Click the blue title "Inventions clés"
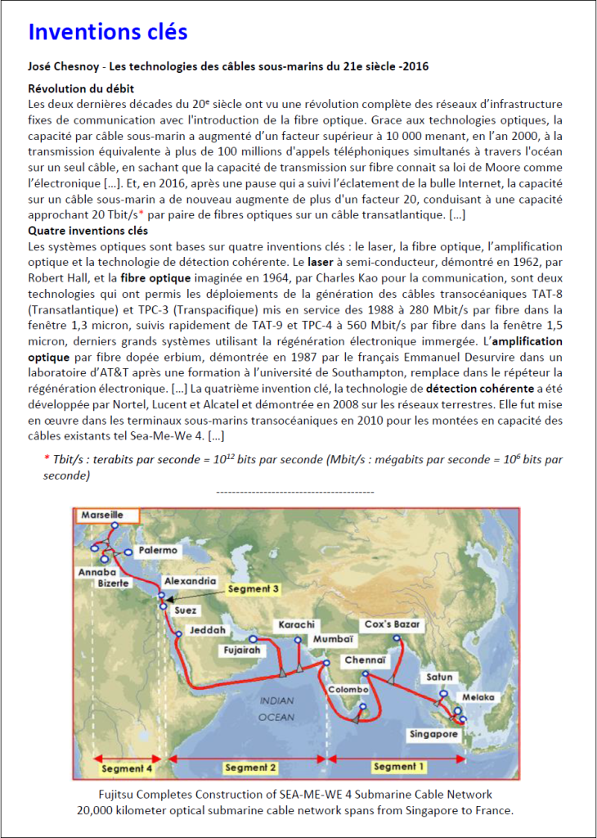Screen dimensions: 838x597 [108, 32]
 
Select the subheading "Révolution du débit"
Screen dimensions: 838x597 [81, 88]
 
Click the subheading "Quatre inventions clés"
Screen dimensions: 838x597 [88, 231]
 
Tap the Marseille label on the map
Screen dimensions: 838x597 [102, 516]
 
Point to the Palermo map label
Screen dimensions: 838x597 [158, 551]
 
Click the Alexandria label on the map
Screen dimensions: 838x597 [190, 580]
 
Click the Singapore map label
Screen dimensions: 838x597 [434, 735]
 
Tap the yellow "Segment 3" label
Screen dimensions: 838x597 [254, 588]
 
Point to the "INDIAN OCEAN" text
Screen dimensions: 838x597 [276, 709]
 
